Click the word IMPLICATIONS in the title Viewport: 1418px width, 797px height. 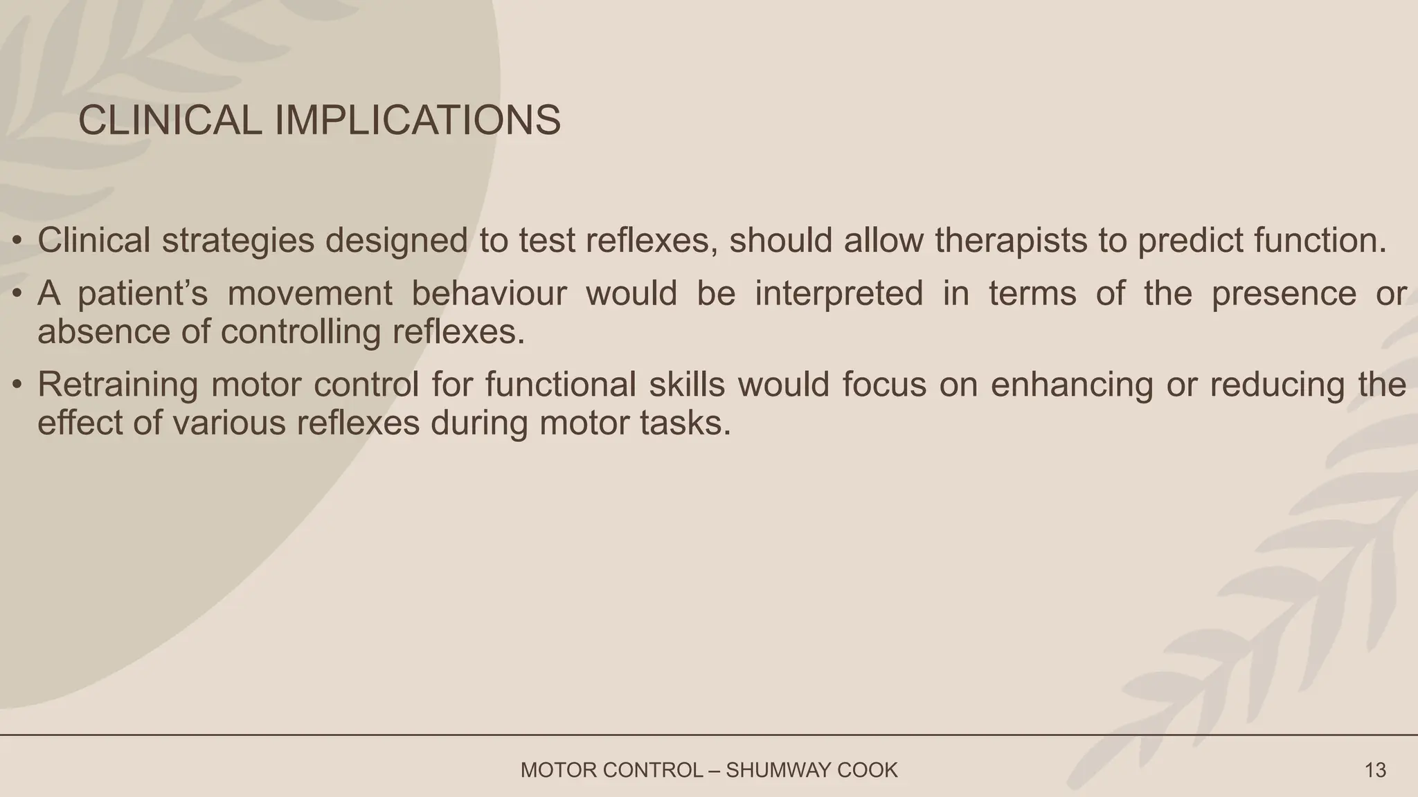coord(418,120)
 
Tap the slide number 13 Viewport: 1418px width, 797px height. coord(1375,770)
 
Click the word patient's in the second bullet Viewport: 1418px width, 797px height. coord(143,293)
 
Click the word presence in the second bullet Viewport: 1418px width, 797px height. coord(1284,293)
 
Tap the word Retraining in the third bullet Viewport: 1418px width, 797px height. coord(118,385)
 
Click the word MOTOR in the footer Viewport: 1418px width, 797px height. coord(553,770)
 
